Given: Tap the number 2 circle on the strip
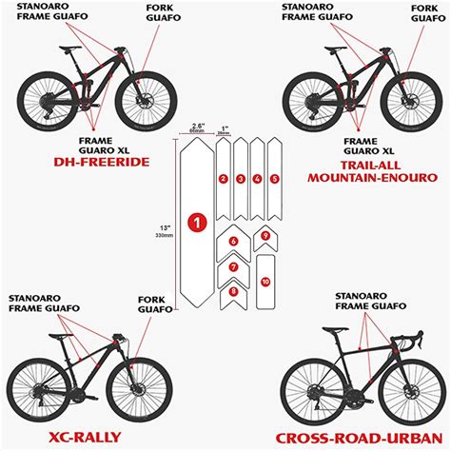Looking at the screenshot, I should tap(223, 178).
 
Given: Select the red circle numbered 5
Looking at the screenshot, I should tap(275, 178).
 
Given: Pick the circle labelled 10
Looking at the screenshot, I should tap(265, 281).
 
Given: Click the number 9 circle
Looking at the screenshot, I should tap(265, 235).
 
